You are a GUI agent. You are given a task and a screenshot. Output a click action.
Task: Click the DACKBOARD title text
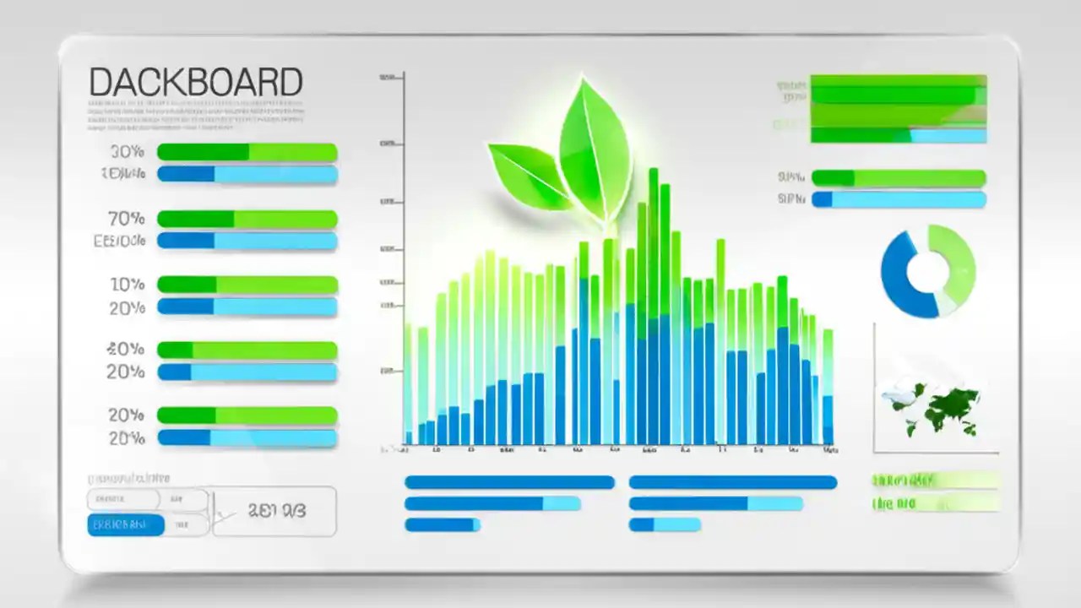click(x=195, y=83)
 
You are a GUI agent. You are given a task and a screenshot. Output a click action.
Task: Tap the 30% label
click(x=127, y=153)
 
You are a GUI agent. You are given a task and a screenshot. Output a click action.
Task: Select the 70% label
click(x=127, y=219)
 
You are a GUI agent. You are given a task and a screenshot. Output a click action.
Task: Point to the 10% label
click(x=127, y=285)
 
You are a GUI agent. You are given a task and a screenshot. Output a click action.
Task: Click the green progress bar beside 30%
click(x=247, y=153)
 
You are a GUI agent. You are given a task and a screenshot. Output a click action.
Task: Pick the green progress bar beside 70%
click(x=247, y=219)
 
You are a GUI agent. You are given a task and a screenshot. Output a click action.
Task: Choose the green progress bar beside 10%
click(x=247, y=285)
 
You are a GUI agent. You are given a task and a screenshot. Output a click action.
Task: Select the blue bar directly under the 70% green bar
click(x=247, y=241)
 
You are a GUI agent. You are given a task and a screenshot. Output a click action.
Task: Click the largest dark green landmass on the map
click(x=950, y=405)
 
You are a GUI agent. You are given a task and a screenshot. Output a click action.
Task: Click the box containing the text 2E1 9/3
click(x=274, y=511)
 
